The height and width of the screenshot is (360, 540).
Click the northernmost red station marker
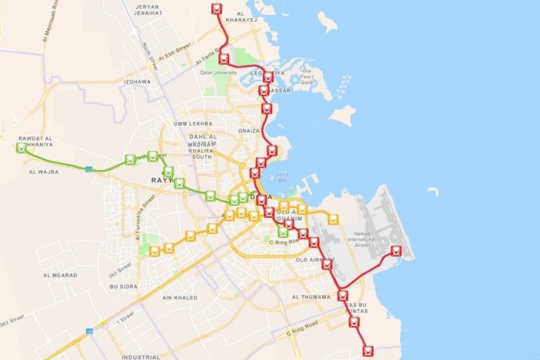click(217, 9)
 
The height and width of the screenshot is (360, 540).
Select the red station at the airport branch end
click(396, 251)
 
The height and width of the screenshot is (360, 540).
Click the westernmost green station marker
click(22, 148)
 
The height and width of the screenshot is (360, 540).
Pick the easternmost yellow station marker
click(333, 219)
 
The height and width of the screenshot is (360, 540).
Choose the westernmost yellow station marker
click(155, 251)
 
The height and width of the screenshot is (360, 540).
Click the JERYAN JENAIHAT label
click(144, 9)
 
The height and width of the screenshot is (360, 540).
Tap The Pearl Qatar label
click(307, 75)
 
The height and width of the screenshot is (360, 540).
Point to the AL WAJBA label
click(44, 171)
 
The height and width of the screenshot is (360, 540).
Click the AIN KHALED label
click(179, 297)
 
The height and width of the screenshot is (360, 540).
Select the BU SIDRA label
click(124, 287)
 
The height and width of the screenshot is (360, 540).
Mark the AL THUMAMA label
click(311, 297)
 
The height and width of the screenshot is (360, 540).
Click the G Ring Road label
click(302, 328)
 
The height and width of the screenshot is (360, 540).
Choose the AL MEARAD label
click(60, 275)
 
